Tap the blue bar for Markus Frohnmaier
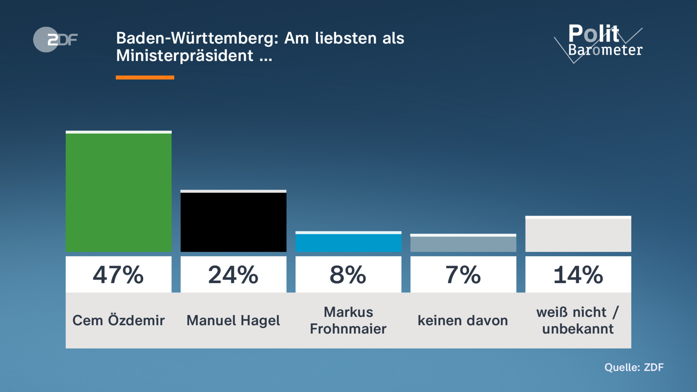point(348,242)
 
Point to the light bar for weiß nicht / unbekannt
point(578,234)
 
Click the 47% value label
point(118,275)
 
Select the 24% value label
point(233,275)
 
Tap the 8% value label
point(348,275)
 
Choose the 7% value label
point(463,275)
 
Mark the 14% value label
point(578,275)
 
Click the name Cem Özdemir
point(118,321)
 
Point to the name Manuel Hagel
point(233,321)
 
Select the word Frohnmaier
point(348,329)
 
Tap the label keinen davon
point(463,321)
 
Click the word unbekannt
point(578,329)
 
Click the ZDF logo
point(55,39)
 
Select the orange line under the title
point(145,78)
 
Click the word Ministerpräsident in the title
point(185,55)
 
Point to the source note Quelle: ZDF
point(634,367)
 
